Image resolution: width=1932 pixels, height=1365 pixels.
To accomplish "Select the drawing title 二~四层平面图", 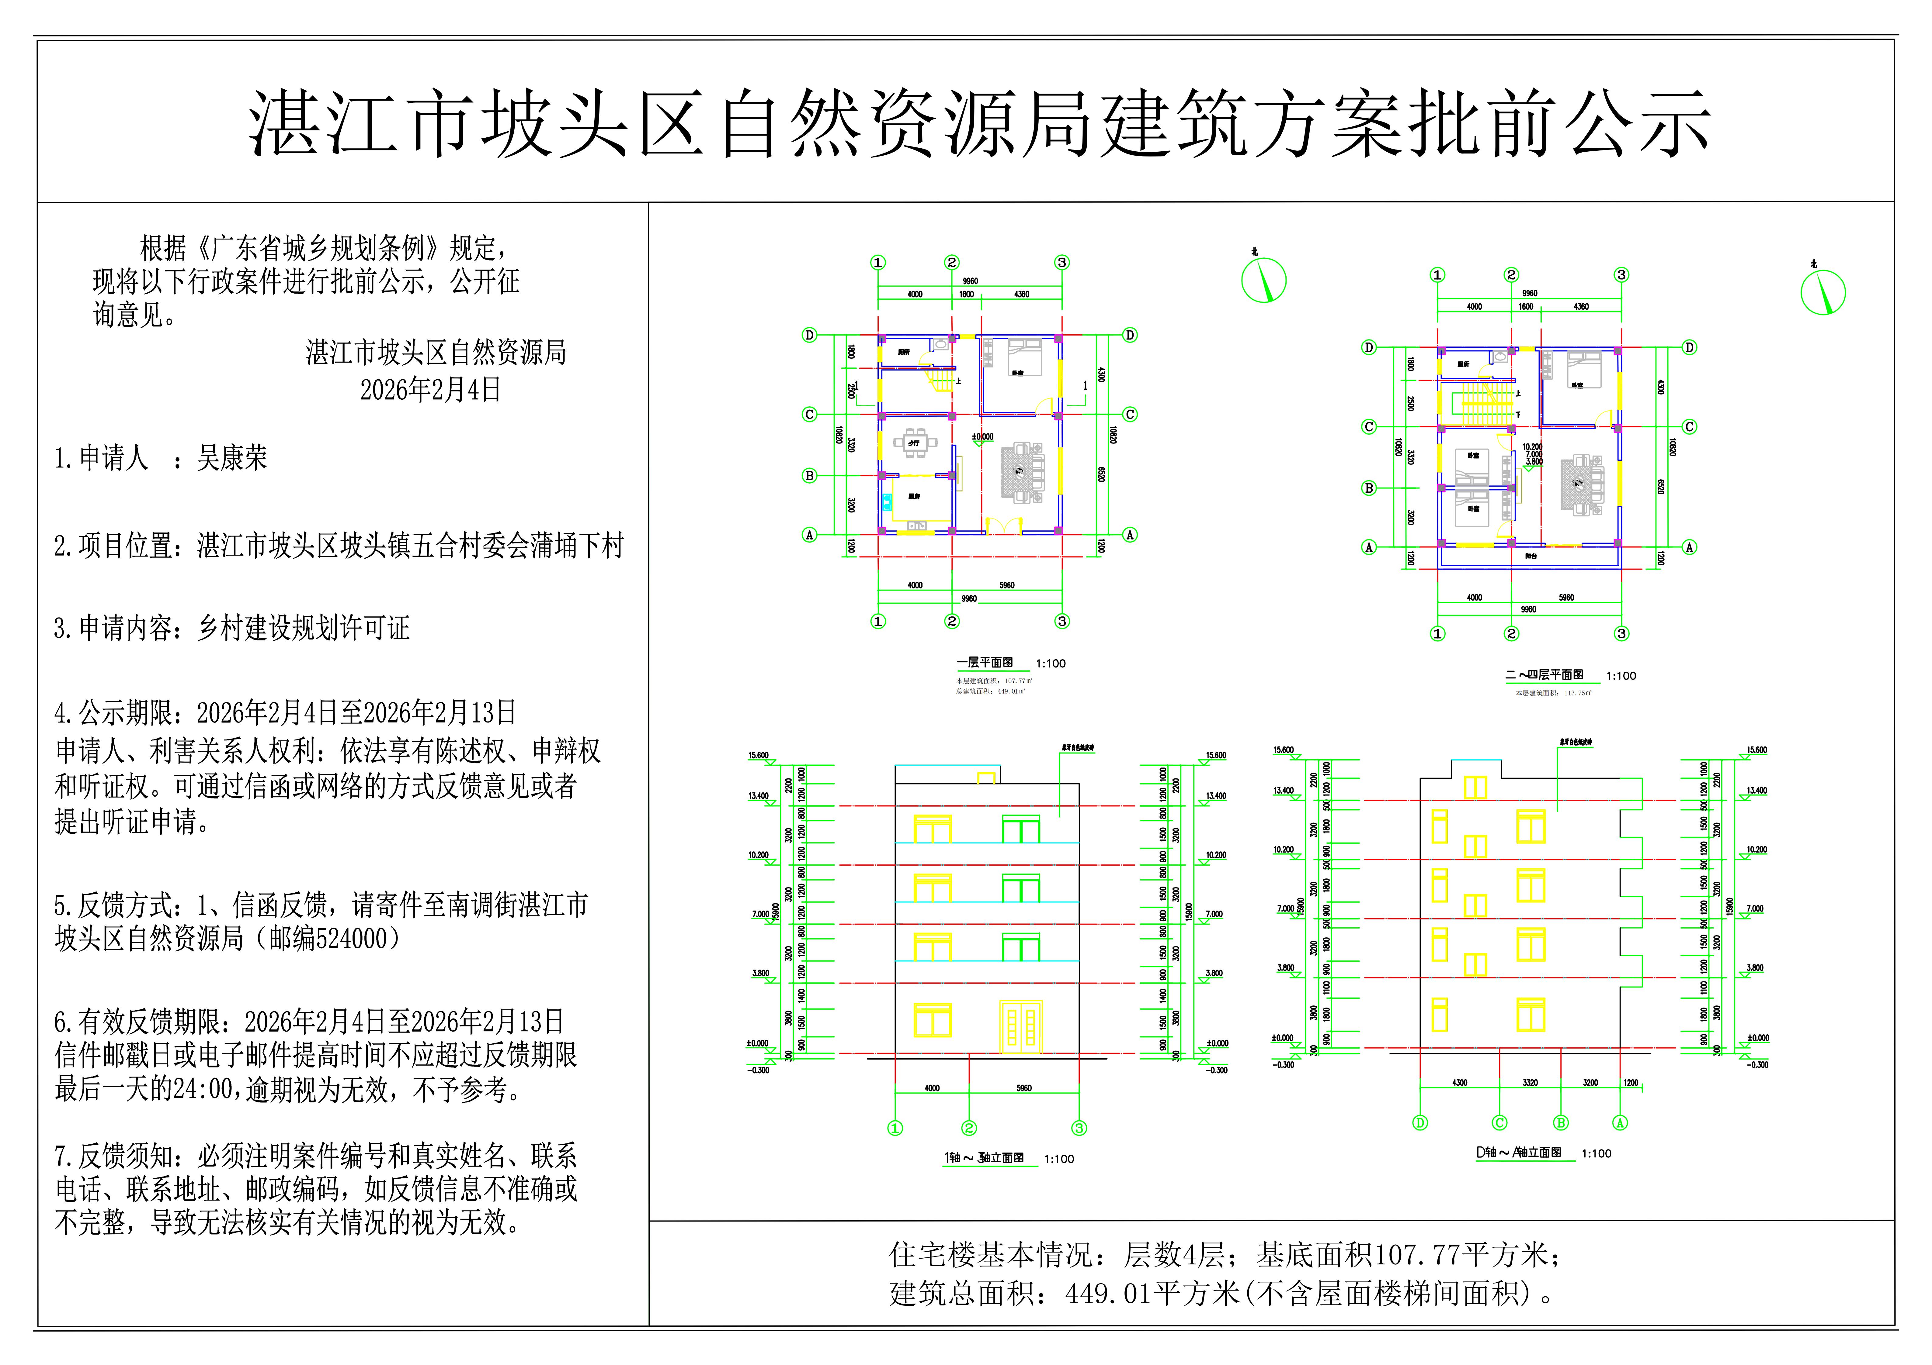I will pos(1544,675).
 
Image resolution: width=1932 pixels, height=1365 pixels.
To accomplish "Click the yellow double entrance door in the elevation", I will pos(1021,1026).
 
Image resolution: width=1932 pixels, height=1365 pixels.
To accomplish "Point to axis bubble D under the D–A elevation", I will pos(1420,1123).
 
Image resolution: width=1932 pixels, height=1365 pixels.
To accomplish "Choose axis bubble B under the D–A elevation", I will pos(1561,1123).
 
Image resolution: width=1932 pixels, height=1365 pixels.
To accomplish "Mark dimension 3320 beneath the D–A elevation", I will pos(1530,1083).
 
